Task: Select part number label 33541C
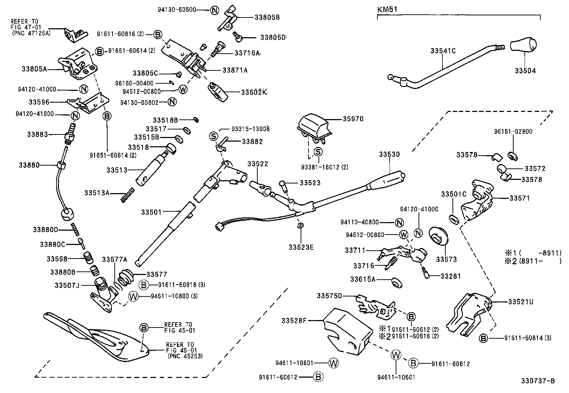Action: tap(443, 51)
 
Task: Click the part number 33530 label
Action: tap(389, 154)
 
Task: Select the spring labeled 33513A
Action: tap(127, 195)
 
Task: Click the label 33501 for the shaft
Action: tap(151, 212)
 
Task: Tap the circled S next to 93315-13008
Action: tap(213, 136)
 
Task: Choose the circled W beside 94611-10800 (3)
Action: tap(133, 296)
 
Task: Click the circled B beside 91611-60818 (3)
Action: tap(143, 285)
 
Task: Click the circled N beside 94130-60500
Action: tap(214, 10)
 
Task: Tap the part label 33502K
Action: tap(253, 92)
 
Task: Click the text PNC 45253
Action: tap(185, 356)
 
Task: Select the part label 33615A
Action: tap(363, 279)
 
